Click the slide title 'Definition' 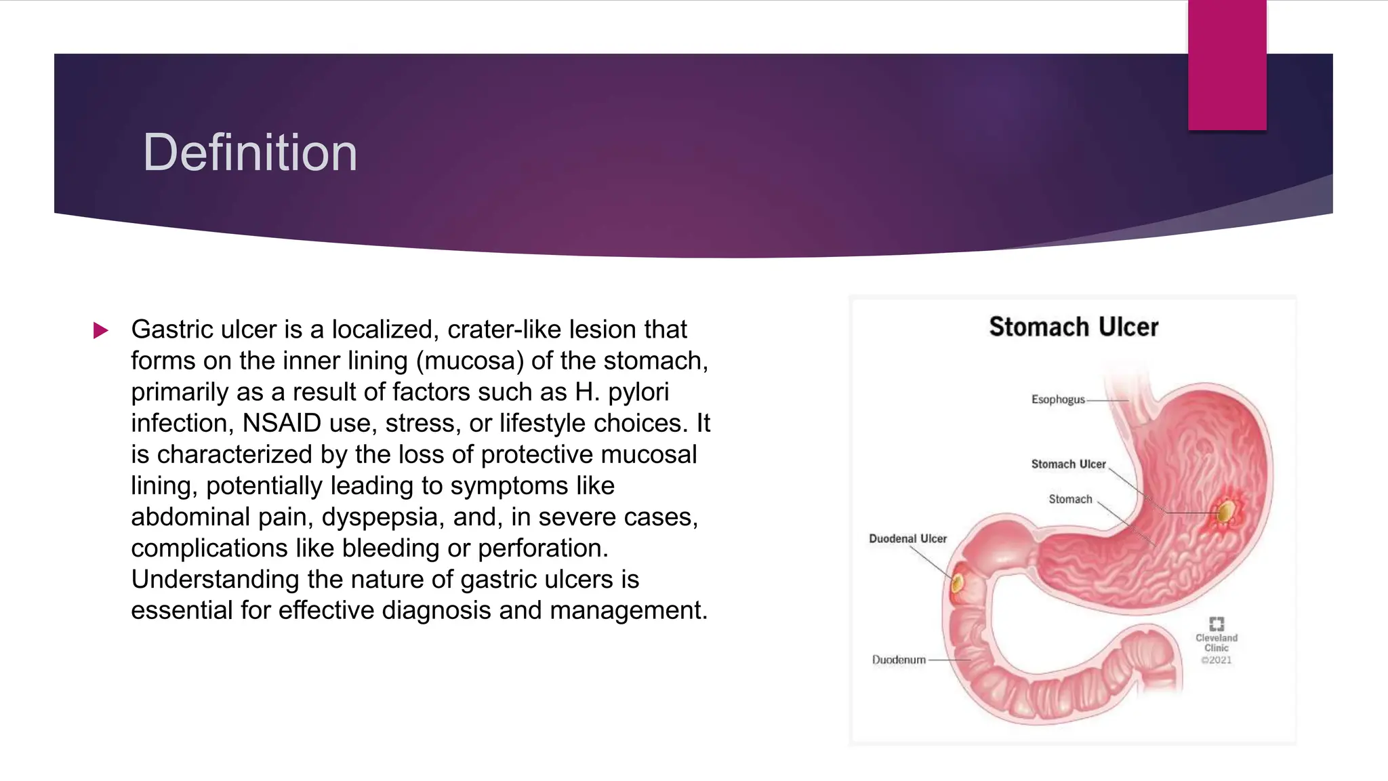(x=249, y=153)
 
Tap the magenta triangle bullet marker (x=100, y=331)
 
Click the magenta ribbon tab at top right (x=1227, y=65)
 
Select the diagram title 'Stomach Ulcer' (x=1074, y=327)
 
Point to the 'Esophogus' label (x=1058, y=399)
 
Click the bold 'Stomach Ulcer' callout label (x=1068, y=464)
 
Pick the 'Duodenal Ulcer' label (x=907, y=538)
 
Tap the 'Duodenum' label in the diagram (x=899, y=660)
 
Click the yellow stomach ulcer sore (x=1225, y=512)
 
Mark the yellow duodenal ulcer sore (x=958, y=582)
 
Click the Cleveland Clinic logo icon (x=1217, y=624)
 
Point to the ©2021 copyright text (x=1217, y=660)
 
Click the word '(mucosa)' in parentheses (x=470, y=361)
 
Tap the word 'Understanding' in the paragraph (x=215, y=579)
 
